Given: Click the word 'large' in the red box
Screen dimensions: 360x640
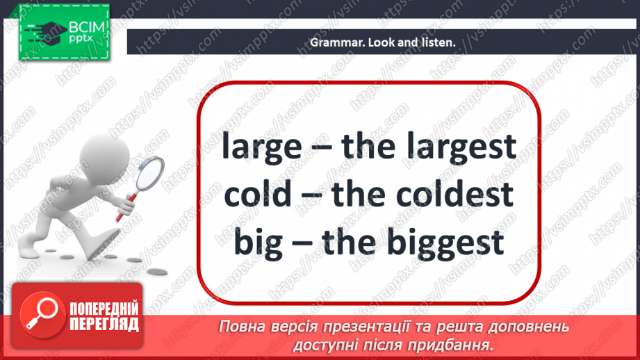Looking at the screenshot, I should (261, 147).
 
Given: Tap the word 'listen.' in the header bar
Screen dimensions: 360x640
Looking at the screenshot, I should (438, 42).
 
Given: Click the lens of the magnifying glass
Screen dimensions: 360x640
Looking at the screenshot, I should (148, 173).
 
